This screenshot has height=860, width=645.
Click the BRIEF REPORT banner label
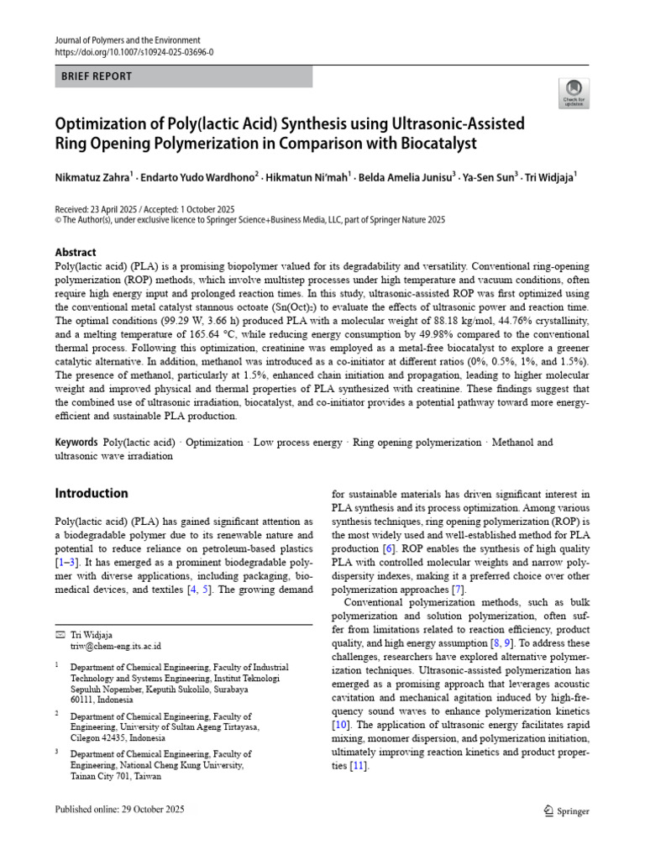click(x=97, y=76)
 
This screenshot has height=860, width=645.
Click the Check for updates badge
click(x=574, y=93)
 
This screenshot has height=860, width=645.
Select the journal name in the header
click(x=128, y=39)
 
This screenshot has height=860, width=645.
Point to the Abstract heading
click(x=76, y=252)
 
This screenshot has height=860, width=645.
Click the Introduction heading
click(x=92, y=493)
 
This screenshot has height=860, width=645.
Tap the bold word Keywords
click(x=76, y=443)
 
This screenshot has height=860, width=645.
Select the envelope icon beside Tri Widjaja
click(x=59, y=634)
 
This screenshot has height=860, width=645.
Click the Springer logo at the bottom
click(x=567, y=810)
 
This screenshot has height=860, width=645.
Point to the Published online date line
click(x=119, y=810)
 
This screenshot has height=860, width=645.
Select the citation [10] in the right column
click(x=342, y=724)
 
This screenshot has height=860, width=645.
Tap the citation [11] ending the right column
click(x=359, y=767)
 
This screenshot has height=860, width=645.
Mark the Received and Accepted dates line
click(x=144, y=209)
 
